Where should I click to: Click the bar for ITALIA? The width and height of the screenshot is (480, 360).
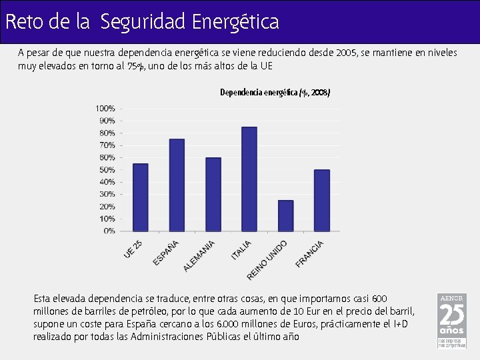point(249,179)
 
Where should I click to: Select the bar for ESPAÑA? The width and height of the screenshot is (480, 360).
point(177,185)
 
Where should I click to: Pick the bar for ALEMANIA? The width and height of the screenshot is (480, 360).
point(213,194)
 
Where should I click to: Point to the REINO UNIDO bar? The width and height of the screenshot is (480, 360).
point(285,215)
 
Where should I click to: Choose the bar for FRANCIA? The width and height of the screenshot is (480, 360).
point(321,200)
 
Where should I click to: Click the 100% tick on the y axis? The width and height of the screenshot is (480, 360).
point(105,108)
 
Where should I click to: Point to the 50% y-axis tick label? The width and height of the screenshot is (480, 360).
point(107,169)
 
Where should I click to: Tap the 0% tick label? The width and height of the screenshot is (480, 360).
point(109,231)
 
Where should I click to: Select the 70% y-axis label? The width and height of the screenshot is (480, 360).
point(107,145)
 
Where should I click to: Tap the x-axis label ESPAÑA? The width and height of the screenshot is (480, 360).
point(166,253)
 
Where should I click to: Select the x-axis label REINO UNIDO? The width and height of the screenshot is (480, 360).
point(267,259)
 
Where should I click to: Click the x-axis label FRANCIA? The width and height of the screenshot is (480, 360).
point(310,254)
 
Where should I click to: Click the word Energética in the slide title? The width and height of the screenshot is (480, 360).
point(235,22)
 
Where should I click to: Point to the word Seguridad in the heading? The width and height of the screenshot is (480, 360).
point(143,22)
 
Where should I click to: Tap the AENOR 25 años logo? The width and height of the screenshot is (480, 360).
point(451,321)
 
